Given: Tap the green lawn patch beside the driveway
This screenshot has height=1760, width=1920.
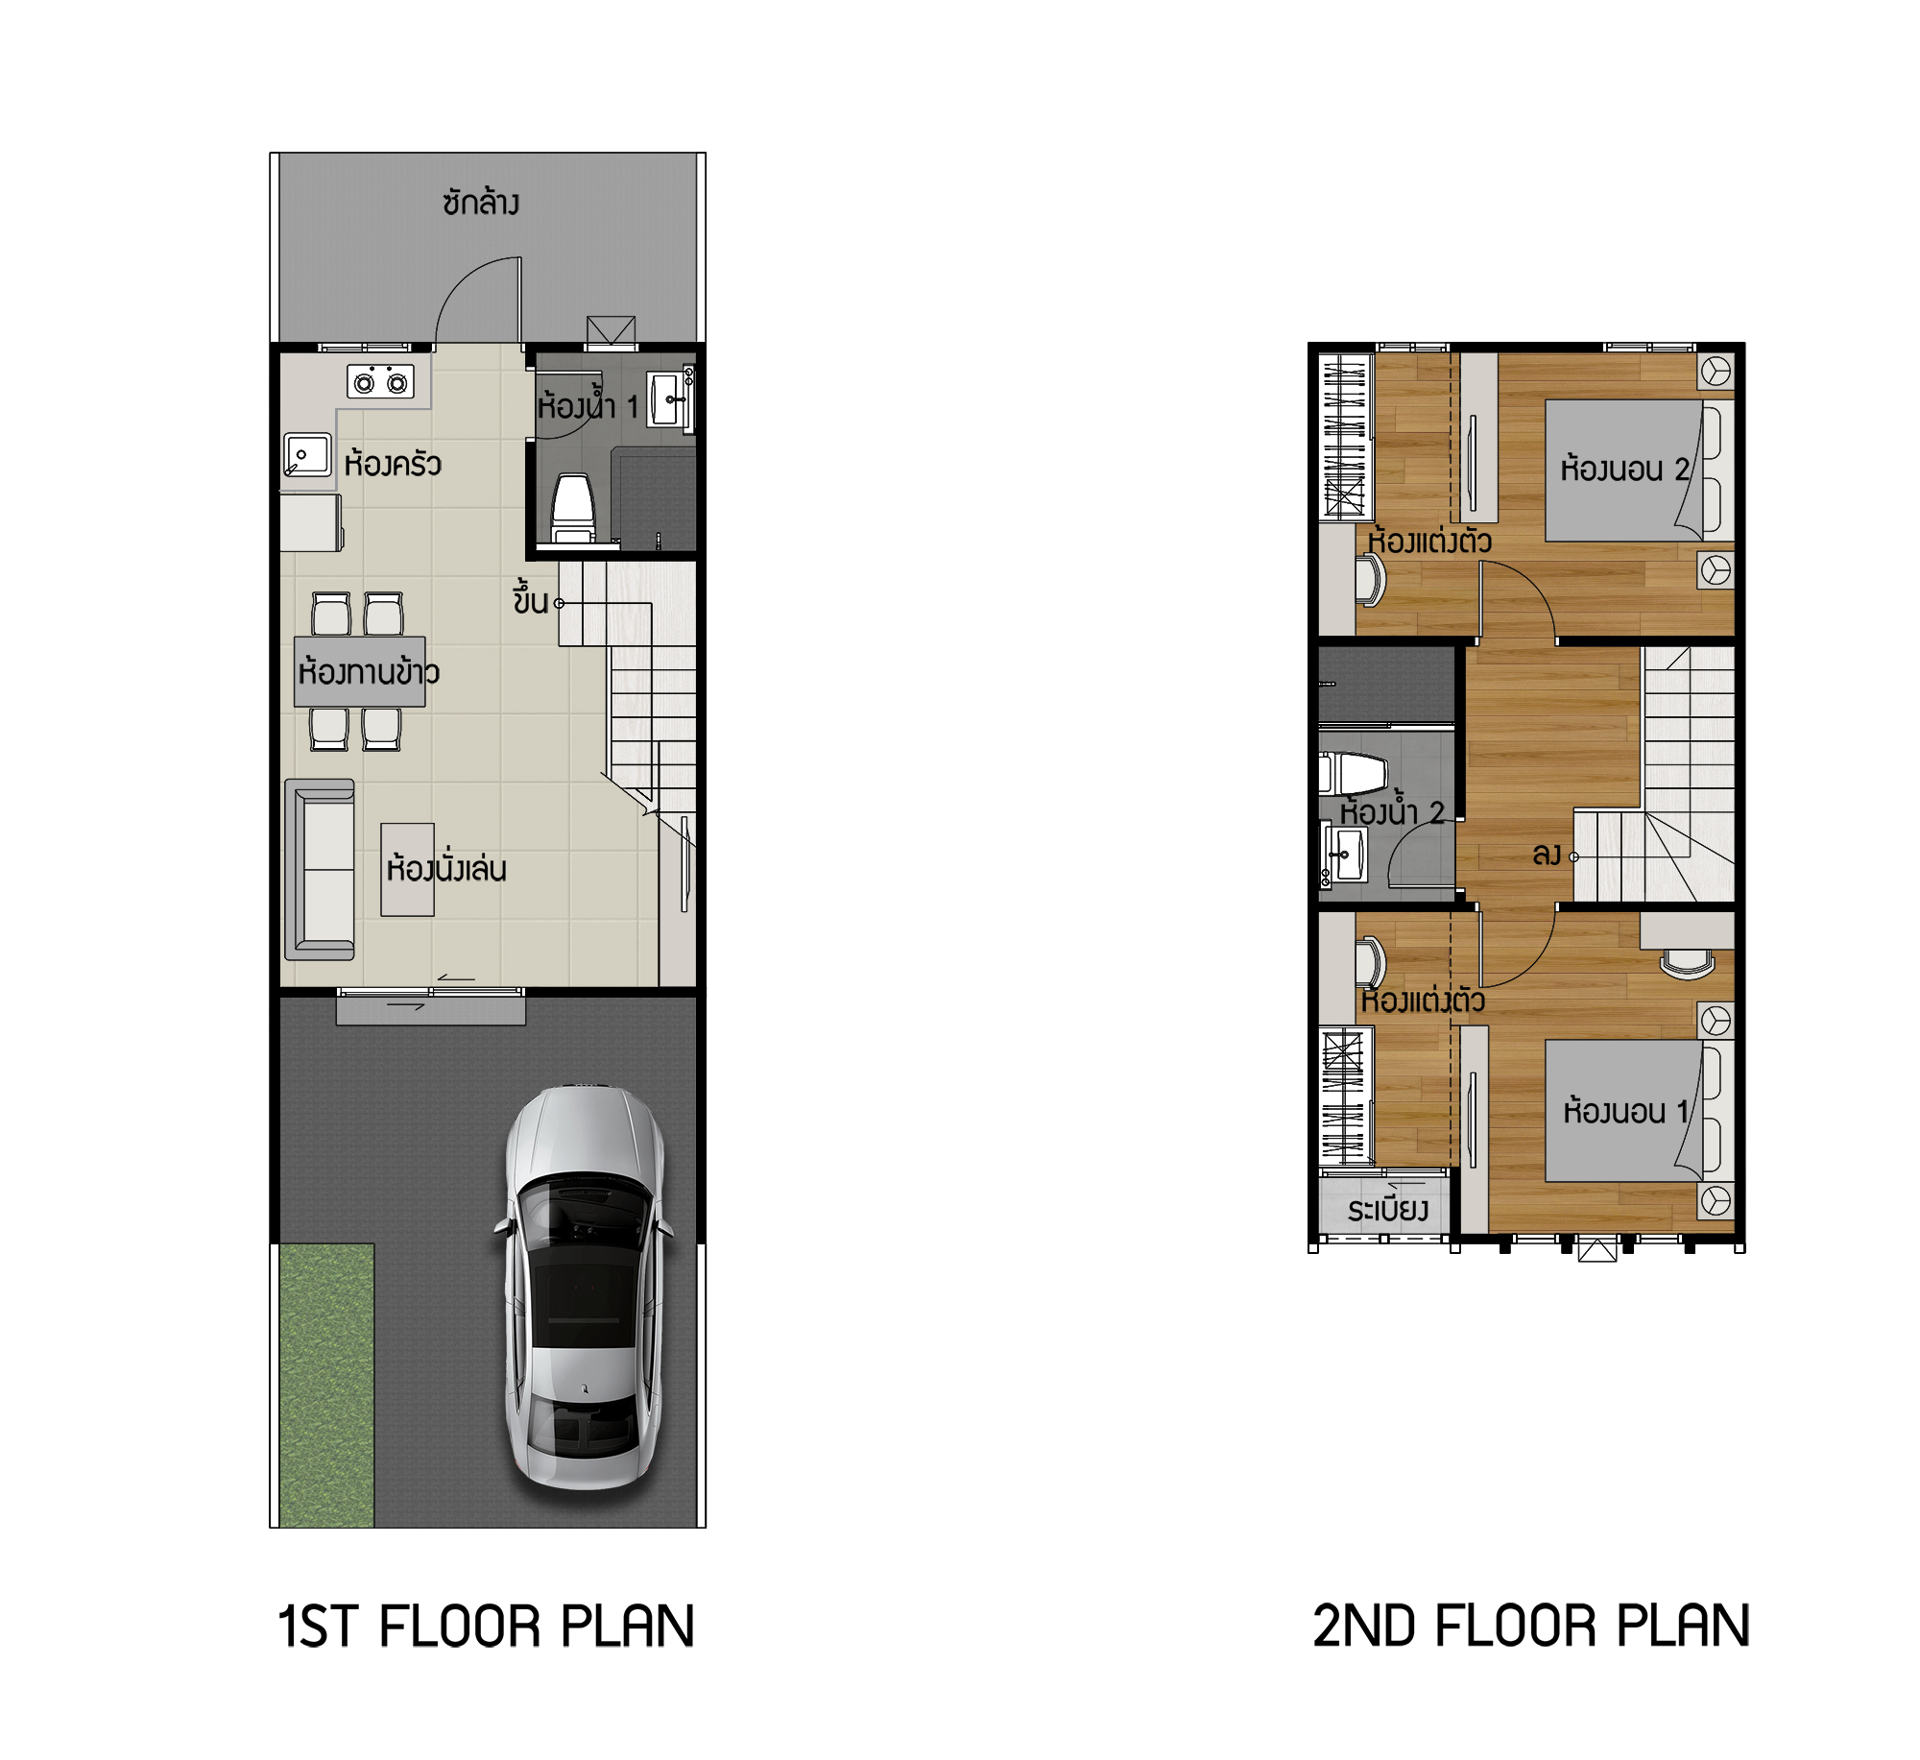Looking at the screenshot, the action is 326,1386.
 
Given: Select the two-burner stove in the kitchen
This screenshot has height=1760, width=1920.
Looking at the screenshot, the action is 380,382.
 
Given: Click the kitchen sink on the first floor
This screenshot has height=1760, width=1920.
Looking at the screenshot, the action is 307,454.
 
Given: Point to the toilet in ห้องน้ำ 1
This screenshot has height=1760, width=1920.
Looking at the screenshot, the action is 573,508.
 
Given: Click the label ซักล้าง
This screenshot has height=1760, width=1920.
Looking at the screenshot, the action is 481,203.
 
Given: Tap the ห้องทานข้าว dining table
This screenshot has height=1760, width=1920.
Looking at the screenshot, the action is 360,671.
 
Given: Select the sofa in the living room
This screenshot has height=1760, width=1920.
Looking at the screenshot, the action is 320,870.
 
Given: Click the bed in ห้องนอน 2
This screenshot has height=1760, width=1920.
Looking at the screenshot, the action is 1640,470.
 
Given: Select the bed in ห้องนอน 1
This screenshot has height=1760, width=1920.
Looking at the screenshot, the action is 1640,1111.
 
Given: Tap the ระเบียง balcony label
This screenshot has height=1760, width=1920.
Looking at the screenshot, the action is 1387,1209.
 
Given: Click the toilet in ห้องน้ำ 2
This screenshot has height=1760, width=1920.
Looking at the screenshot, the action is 1354,773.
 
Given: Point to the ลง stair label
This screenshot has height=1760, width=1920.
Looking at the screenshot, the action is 1547,854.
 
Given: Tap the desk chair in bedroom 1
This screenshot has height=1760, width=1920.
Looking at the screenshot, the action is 1688,963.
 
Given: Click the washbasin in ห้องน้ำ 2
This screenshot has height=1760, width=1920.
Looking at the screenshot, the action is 1346,855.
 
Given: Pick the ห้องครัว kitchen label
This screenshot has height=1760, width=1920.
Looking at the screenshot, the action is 393,464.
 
